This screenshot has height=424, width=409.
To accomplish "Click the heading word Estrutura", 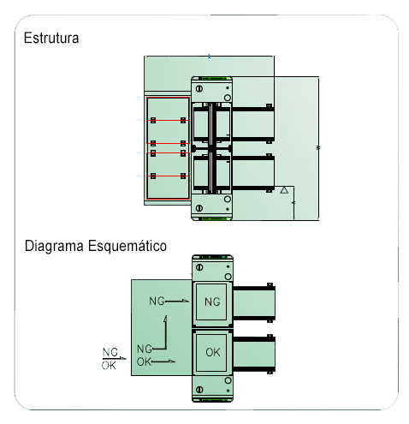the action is (x=51, y=38).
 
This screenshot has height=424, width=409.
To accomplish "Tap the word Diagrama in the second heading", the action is (x=54, y=246).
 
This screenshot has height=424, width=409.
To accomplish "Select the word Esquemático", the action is (x=127, y=246).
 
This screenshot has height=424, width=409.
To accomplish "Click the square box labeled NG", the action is (x=211, y=302).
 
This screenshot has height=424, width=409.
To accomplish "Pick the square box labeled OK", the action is (x=211, y=352).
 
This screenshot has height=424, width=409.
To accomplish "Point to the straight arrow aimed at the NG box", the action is (x=177, y=301).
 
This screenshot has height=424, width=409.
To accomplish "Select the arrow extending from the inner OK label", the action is (x=163, y=361).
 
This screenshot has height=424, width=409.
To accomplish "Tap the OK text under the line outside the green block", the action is (x=109, y=365).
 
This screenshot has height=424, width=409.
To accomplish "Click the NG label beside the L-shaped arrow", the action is (x=145, y=349).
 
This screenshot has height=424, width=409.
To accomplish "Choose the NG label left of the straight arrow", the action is (x=157, y=301).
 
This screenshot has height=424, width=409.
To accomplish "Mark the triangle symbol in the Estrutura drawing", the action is (x=284, y=190).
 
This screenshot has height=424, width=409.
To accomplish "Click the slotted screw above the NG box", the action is (x=199, y=267).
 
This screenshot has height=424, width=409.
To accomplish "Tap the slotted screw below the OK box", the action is (x=199, y=389).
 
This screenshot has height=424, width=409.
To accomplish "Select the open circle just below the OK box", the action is (x=228, y=380).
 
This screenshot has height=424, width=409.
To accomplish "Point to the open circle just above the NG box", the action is (x=228, y=277).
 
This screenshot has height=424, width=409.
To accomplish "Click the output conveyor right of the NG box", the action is (x=254, y=303).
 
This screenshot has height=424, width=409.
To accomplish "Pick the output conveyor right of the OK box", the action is (x=254, y=354).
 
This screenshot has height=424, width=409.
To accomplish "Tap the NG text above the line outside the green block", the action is (x=110, y=352).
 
